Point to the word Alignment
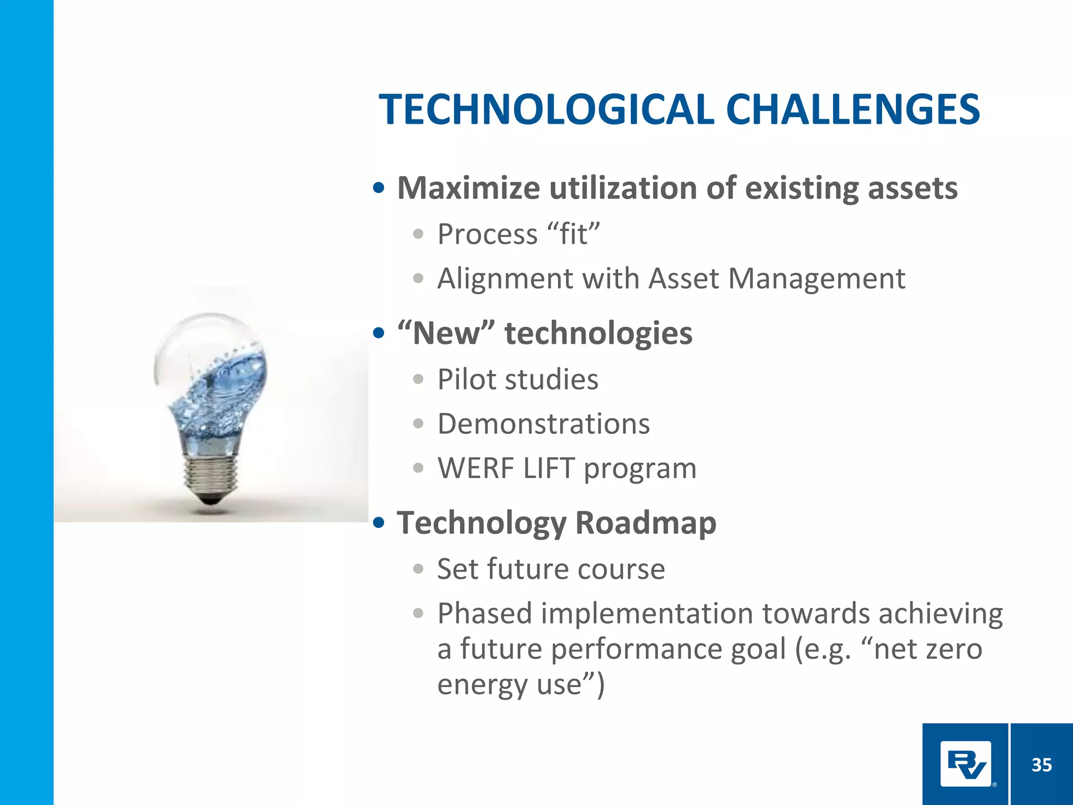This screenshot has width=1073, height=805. coord(505,278)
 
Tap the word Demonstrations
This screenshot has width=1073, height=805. coord(543,423)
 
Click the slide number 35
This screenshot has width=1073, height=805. coord(1042,765)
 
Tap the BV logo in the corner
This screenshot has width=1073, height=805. coord(965,764)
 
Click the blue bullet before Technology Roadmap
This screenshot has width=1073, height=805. coord(379,523)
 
